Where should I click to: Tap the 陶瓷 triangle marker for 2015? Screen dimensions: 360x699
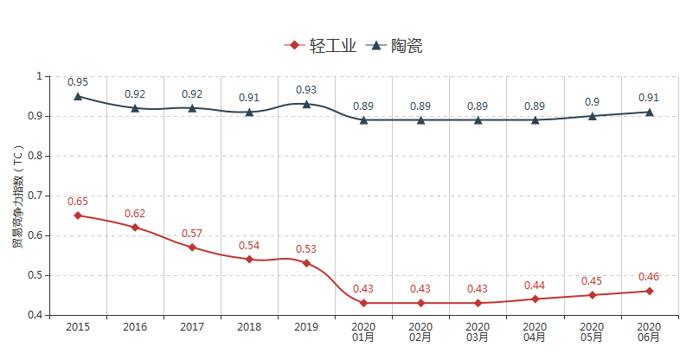78,96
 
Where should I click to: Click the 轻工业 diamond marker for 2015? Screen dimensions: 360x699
78,215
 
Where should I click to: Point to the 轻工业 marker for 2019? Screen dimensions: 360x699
306,263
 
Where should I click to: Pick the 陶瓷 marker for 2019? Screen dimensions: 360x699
306,104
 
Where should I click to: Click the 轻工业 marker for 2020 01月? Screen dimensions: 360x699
363,303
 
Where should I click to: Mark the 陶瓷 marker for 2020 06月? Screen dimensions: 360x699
649,112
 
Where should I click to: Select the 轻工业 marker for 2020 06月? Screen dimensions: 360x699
649,291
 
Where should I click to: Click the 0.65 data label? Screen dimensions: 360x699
78,202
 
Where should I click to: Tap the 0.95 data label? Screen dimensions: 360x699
78,82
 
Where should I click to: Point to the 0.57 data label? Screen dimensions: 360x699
192,234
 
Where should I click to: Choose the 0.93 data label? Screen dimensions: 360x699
306,90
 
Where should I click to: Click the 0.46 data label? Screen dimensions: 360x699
649,277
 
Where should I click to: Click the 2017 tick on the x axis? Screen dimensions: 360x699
192,327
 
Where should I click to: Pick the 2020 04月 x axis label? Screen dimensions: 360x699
535,331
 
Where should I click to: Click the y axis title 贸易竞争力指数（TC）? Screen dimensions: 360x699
17,196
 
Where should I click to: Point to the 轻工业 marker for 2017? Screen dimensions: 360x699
192,247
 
